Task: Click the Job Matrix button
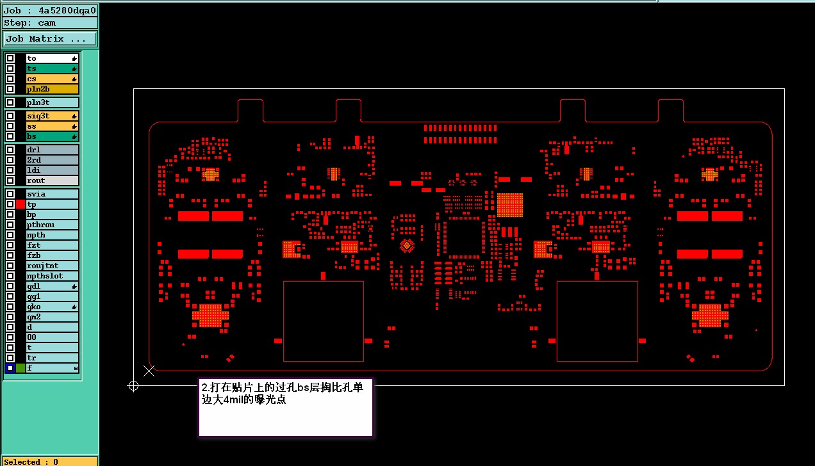(50, 39)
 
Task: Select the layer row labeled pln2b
(52, 89)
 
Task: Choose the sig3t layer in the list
(52, 116)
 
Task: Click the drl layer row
(52, 150)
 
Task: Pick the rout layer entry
(52, 181)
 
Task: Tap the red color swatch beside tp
(21, 204)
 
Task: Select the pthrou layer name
(52, 225)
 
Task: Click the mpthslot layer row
(52, 276)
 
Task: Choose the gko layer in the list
(52, 307)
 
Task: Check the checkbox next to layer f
(10, 368)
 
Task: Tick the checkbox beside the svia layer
(10, 194)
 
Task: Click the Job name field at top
(50, 10)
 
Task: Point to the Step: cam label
(50, 22)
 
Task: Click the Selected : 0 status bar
(50, 462)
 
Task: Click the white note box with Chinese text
(286, 408)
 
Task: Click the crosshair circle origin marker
(133, 385)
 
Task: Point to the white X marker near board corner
(149, 371)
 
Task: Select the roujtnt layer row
(52, 266)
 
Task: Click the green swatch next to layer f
(21, 368)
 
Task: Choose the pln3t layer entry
(52, 102)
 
